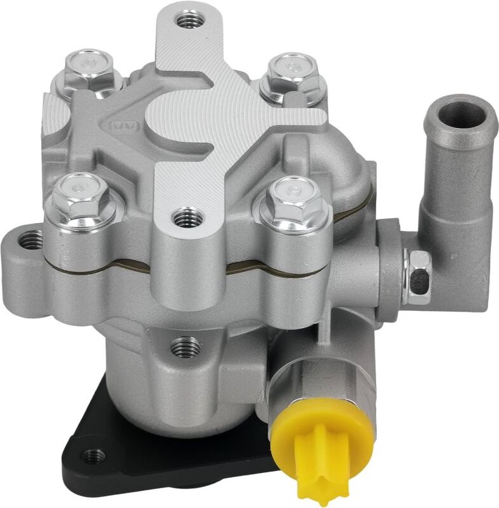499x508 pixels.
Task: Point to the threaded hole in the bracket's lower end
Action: coord(185,219)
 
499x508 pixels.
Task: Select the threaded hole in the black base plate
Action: coord(94,455)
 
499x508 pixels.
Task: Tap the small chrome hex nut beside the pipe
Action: coord(420,275)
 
